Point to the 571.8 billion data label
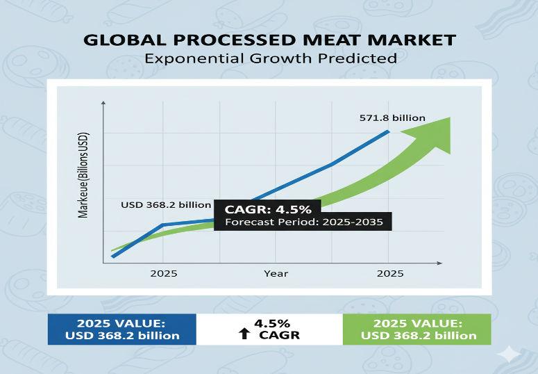(392, 118)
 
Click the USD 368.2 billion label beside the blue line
(165, 204)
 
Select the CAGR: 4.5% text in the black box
(267, 209)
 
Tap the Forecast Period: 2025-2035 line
(303, 222)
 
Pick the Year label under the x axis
(276, 273)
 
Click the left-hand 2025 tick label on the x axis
(163, 273)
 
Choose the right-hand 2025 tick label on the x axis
(389, 273)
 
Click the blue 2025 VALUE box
(122, 329)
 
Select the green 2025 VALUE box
(418, 329)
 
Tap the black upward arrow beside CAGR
(244, 334)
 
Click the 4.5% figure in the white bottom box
(271, 323)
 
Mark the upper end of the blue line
(388, 131)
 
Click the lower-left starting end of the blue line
(113, 257)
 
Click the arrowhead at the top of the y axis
(103, 103)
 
